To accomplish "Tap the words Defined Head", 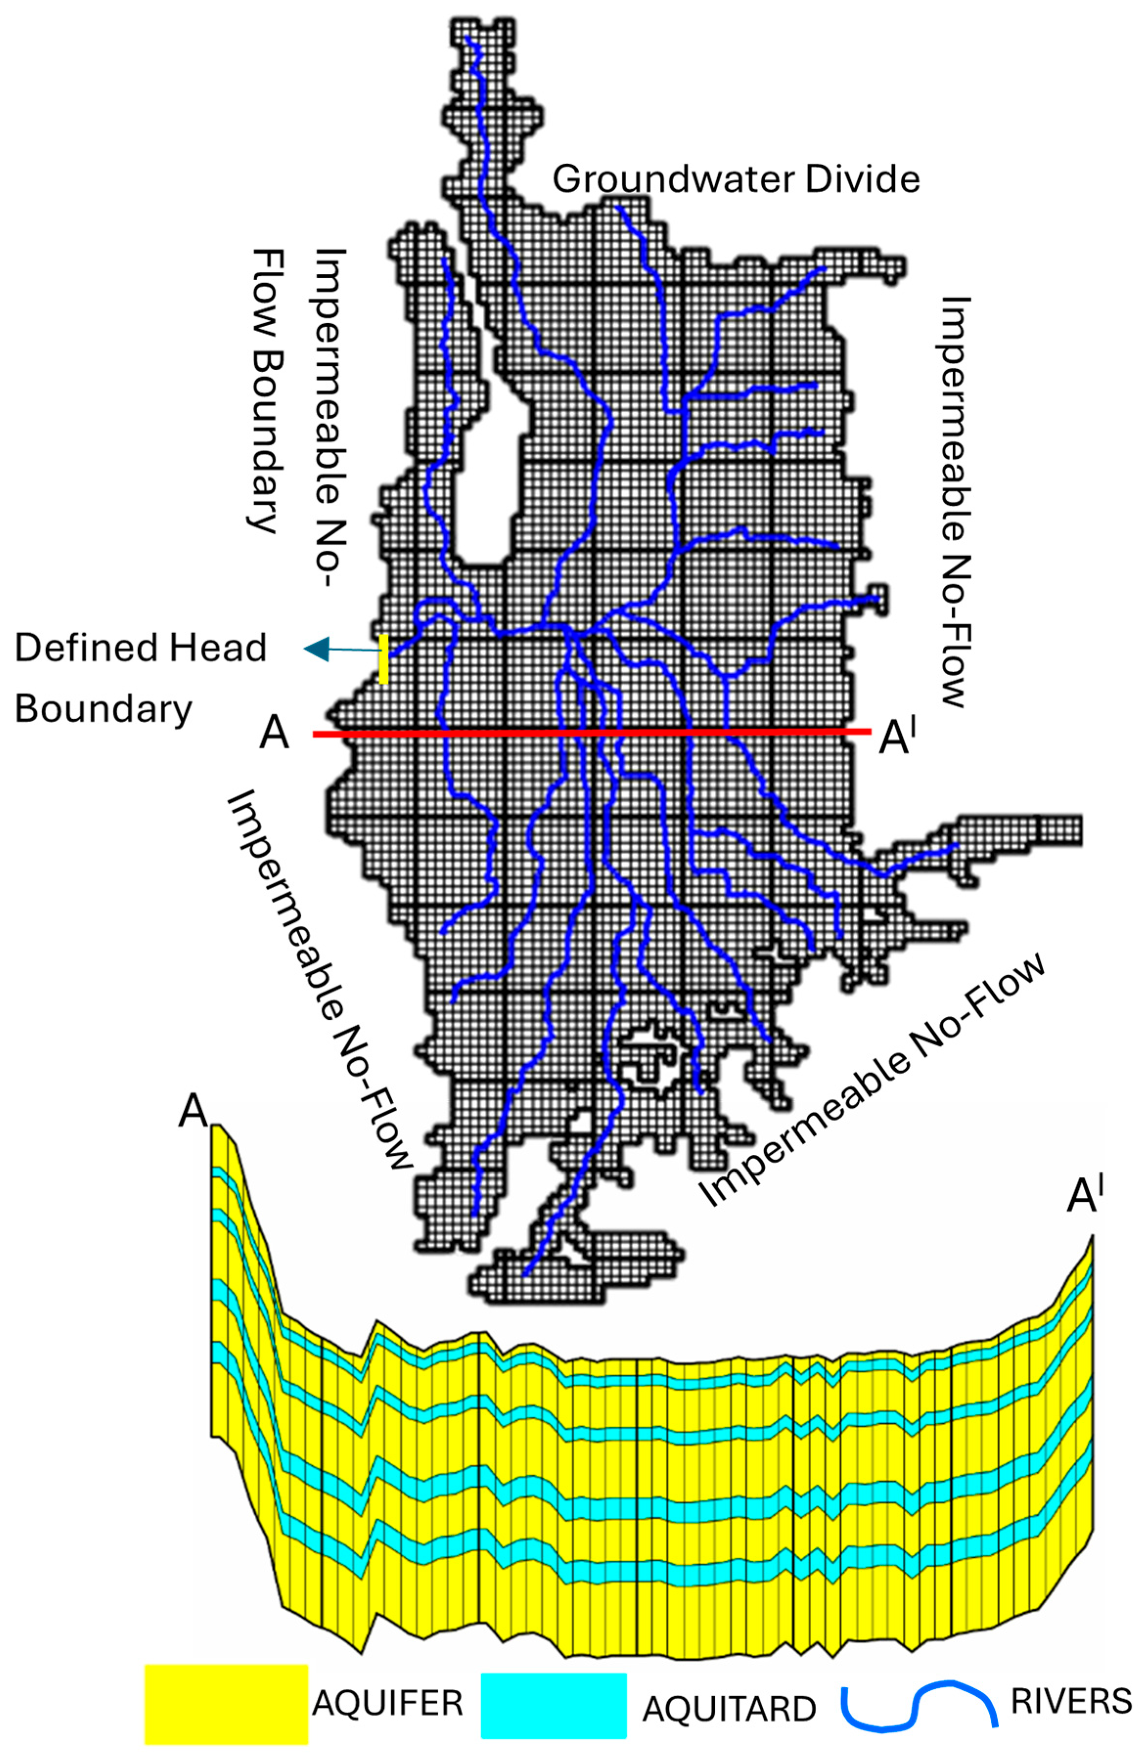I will point(141,648).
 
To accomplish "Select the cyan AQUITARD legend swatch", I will point(554,1705).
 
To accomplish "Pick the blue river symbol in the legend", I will point(918,1702).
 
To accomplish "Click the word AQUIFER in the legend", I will point(387,1703).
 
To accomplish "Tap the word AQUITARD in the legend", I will point(729,1709).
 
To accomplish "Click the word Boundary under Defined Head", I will point(104,709).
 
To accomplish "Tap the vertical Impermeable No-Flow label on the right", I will point(955,503).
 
